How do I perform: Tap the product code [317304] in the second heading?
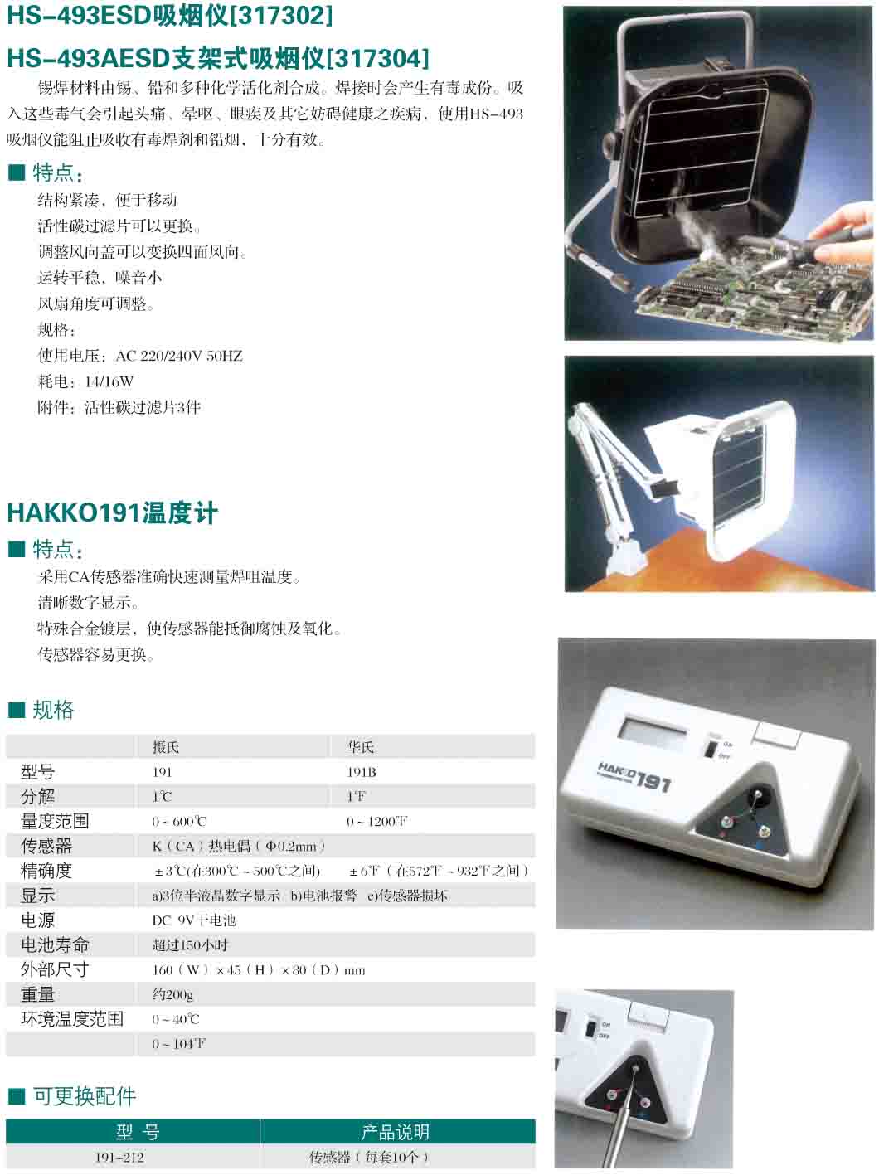(x=378, y=58)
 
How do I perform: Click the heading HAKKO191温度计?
(x=113, y=512)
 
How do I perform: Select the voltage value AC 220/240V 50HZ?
(x=179, y=356)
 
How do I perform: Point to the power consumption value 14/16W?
(x=109, y=381)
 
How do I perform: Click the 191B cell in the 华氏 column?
(x=362, y=772)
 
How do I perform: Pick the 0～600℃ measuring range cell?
(x=178, y=821)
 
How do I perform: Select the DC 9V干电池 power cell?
(x=194, y=920)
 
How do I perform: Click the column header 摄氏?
(x=165, y=747)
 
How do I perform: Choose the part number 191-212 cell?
(x=119, y=1158)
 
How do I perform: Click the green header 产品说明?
(x=395, y=1132)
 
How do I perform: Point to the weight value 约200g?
(x=172, y=994)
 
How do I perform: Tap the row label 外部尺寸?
(x=55, y=969)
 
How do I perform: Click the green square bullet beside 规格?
(x=17, y=711)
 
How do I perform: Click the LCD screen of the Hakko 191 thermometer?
(x=652, y=731)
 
